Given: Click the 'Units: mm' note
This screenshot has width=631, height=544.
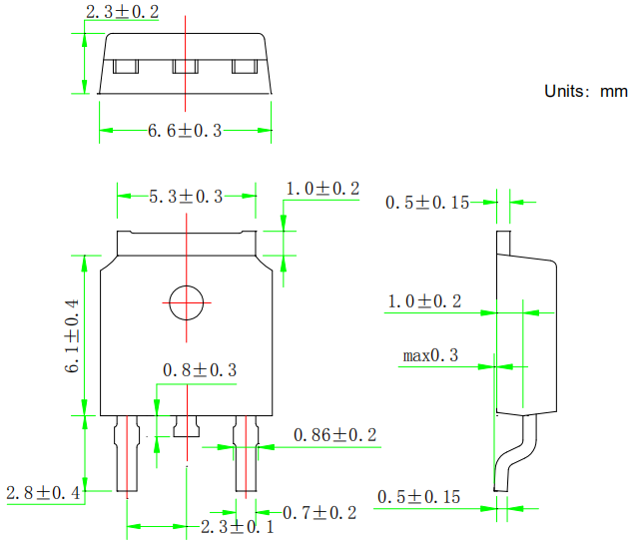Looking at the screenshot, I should tap(585, 91).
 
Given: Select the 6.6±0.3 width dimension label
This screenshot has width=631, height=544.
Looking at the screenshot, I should tap(185, 131).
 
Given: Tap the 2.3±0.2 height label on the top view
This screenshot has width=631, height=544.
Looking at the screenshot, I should tap(122, 13).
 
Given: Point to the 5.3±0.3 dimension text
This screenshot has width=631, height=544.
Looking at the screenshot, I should tap(187, 197).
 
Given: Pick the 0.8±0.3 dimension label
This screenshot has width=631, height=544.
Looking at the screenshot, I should tap(200, 370).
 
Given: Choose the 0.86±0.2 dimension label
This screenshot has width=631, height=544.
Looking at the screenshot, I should tap(334, 435).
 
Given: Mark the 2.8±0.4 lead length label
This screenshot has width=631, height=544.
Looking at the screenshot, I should tap(43, 492).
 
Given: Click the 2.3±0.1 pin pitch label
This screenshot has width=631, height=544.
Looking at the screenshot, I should tap(238, 527).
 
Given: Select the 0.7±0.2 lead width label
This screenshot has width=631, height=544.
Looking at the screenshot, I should tap(319, 513).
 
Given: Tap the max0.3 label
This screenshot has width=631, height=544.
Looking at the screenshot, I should tap(430, 355).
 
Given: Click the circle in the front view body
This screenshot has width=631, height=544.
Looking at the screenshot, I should tap(185, 301).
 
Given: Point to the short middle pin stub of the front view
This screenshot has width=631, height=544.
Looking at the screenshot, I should tap(186, 426).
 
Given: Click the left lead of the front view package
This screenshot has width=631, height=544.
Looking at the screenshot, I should tap(127, 454).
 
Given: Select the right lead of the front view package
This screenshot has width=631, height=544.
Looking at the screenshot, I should tap(246, 454).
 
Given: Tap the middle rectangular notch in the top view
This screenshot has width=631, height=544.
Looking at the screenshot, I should tap(186, 67).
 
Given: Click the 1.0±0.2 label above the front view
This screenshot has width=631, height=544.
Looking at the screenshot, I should tap(322, 189).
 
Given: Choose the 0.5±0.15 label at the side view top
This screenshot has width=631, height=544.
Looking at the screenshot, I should tap(427, 203).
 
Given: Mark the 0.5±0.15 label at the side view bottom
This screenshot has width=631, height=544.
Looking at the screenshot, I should tap(417, 497).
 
